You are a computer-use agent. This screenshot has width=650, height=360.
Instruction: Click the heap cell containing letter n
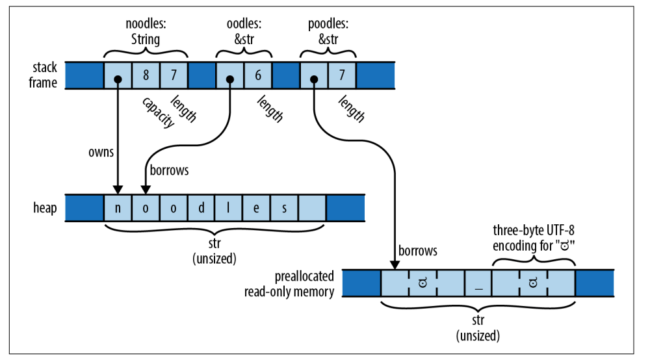pos(118,208)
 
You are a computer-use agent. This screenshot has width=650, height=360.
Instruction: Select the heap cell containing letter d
pos(201,208)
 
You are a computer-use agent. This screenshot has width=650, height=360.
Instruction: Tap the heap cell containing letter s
pos(285,208)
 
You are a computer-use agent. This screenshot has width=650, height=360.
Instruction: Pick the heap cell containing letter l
pos(229,208)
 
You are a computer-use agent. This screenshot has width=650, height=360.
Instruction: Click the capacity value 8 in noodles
pos(146,75)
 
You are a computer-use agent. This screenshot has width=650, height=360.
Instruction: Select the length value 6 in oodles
pos(258,75)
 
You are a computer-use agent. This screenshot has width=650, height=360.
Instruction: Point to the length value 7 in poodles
pos(342,75)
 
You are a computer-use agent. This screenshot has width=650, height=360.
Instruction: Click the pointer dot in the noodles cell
pos(118,79)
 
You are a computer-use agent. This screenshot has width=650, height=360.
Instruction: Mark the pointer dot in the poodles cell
pos(314,79)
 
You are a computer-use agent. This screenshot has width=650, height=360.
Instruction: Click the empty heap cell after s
pos(313,208)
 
